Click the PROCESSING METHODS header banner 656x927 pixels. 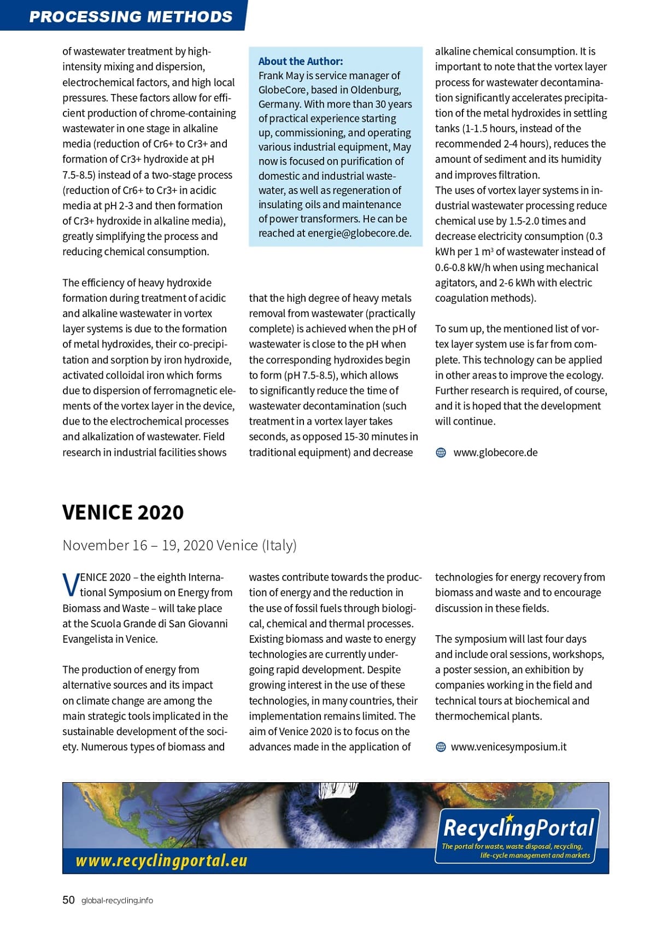(x=131, y=16)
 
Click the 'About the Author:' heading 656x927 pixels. (x=301, y=61)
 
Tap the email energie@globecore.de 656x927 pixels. (x=359, y=233)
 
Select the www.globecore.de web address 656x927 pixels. (x=495, y=453)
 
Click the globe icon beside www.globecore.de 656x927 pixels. (x=441, y=453)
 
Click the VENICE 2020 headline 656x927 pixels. (x=123, y=513)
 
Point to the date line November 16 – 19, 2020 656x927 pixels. (x=179, y=545)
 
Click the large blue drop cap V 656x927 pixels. (x=71, y=585)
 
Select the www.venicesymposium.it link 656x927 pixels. (x=508, y=747)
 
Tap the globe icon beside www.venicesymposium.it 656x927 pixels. (x=441, y=747)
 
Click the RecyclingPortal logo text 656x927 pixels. (x=518, y=828)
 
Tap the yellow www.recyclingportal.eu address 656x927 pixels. (x=161, y=861)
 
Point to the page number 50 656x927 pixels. (x=68, y=900)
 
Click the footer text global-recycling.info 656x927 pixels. (x=117, y=901)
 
